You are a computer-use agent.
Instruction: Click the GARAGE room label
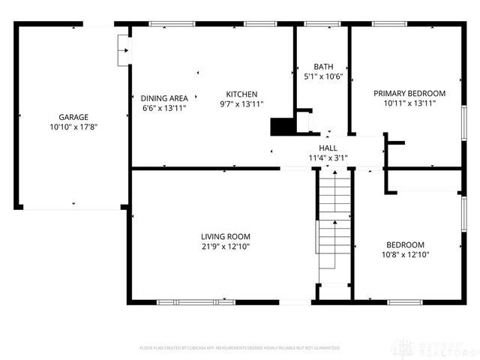(73, 117)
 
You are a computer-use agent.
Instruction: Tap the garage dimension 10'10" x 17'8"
(73, 127)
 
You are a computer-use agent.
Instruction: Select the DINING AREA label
(164, 97)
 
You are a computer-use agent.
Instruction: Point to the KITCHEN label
(241, 94)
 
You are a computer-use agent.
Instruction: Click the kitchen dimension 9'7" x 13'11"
(241, 104)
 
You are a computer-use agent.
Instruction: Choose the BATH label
(323, 66)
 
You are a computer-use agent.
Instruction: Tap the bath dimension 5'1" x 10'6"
(323, 76)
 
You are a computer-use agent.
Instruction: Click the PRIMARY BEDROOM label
(409, 93)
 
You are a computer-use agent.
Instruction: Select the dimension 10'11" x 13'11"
(409, 103)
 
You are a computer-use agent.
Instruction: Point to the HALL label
(328, 148)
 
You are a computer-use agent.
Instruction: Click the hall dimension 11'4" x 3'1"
(328, 157)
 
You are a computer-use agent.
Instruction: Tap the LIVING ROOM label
(225, 236)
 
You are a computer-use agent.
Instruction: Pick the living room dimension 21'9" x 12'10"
(225, 247)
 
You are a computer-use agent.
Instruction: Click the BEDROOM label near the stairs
(405, 244)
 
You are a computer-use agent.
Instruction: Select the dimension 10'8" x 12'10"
(405, 255)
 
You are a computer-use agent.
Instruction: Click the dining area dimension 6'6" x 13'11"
(164, 108)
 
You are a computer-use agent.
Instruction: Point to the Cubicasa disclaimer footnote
(240, 348)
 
